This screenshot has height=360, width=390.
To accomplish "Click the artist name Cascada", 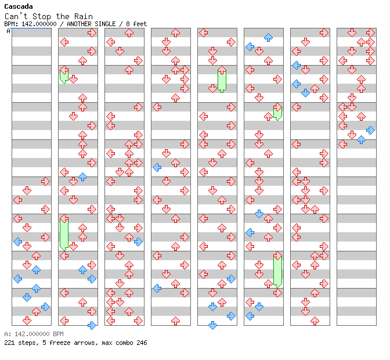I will click(x=18, y=6).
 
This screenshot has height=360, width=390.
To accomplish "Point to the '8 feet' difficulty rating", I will click(x=136, y=24).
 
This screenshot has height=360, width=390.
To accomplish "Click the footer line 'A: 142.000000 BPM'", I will click(x=33, y=334).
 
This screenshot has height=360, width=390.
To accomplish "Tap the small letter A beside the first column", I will click(x=9, y=31).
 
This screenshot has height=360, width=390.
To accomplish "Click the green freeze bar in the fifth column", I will click(x=222, y=80).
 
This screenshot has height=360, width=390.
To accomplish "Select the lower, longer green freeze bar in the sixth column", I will click(x=277, y=269).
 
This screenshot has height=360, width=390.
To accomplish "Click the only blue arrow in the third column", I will click(x=138, y=242).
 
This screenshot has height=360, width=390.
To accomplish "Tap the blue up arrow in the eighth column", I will click(x=361, y=140).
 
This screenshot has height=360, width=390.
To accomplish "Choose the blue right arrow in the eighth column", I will click(x=370, y=130).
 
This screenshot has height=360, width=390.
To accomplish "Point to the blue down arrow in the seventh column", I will click(x=305, y=93).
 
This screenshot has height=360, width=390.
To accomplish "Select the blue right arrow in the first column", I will click(x=45, y=307).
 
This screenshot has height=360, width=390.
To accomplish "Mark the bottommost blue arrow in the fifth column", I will click(x=212, y=325).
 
